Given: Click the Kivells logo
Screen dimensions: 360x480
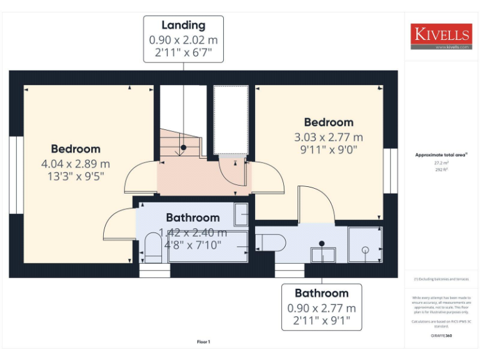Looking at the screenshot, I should (441, 36).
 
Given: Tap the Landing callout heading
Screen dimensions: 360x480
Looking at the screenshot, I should (183, 26).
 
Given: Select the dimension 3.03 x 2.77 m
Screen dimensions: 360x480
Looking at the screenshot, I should (328, 137).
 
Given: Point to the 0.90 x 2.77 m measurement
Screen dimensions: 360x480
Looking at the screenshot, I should (321, 308).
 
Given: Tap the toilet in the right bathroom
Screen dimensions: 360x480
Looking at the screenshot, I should (270, 241).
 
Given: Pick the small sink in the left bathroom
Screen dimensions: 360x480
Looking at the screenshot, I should (241, 214).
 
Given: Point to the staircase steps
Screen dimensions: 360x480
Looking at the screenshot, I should (179, 145).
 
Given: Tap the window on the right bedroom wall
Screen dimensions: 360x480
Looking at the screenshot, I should (391, 169).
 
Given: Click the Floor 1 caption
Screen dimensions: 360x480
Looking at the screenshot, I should (204, 341).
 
